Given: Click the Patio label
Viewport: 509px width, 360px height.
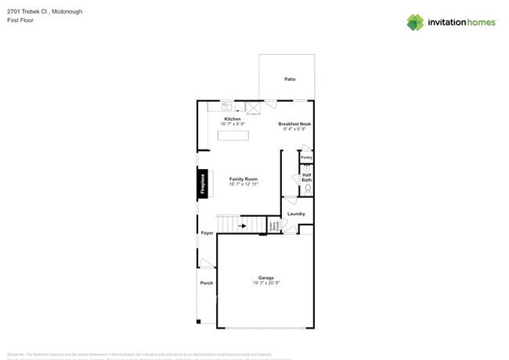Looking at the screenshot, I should [x=290, y=80].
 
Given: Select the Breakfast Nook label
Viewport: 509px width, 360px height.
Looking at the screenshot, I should [x=295, y=124].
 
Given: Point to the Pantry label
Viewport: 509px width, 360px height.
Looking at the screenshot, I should [x=306, y=157].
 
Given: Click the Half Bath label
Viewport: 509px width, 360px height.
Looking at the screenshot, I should [x=307, y=178].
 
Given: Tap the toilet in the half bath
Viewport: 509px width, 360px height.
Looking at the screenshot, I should [x=308, y=189].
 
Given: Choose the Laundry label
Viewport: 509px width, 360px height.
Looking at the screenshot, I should [x=296, y=214].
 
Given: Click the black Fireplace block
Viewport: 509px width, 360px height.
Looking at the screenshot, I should [x=203, y=183].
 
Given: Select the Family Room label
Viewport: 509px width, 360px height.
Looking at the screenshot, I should [x=244, y=179].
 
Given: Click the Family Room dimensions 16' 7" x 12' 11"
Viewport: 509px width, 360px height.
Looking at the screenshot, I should [x=244, y=185].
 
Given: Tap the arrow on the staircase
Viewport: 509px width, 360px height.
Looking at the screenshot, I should [x=242, y=226].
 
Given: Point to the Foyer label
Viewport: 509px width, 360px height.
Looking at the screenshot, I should [x=207, y=233].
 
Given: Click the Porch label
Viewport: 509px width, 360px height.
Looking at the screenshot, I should [x=207, y=283].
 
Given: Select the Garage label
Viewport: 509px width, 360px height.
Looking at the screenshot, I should [x=266, y=278].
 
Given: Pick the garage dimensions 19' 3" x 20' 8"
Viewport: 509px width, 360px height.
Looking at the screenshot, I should [x=266, y=283].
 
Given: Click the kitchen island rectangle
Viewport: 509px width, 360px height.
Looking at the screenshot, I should [x=233, y=135].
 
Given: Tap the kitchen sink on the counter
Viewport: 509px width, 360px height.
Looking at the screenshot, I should [x=226, y=105].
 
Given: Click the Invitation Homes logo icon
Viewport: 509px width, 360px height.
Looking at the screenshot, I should [x=415, y=22].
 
